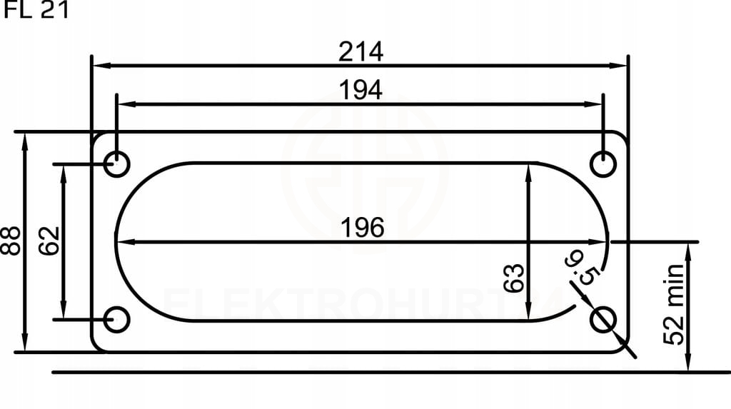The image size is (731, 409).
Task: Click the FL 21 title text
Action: (36, 10)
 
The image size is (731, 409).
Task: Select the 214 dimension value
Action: (361, 51)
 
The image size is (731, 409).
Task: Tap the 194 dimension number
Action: (361, 90)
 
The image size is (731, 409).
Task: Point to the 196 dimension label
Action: (363, 228)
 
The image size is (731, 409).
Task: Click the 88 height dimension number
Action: (11, 241)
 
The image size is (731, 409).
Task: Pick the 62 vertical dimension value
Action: (49, 241)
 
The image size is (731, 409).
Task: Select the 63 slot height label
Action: (514, 278)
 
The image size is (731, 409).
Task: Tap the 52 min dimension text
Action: (673, 304)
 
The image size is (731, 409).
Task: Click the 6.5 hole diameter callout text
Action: (580, 268)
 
